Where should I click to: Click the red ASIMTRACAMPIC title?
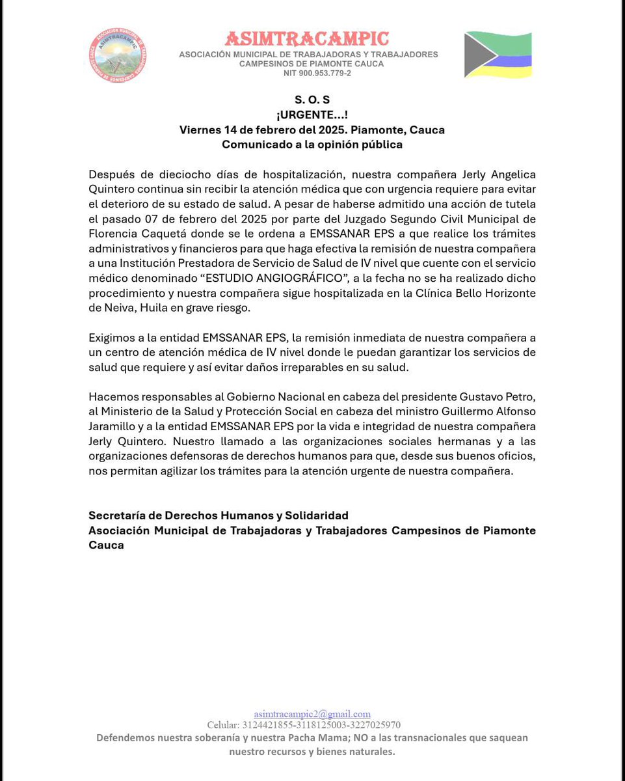(307, 39)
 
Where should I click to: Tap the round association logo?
(117, 55)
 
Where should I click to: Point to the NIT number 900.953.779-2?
(317, 74)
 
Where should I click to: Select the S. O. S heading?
(312, 100)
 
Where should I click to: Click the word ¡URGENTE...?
(312, 115)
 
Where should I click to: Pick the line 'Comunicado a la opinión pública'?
(312, 144)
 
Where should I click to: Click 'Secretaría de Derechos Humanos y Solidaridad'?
(219, 515)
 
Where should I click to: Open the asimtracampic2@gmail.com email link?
(312, 714)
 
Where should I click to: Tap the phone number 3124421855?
(268, 725)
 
